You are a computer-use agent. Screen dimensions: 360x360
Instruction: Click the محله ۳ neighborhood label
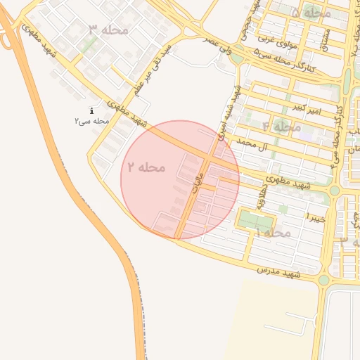coord(108,30)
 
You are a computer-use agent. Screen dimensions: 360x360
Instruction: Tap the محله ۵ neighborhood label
coord(310,13)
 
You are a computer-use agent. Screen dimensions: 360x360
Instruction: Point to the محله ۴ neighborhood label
coord(281,127)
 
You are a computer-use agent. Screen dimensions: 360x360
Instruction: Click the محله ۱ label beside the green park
coord(274,232)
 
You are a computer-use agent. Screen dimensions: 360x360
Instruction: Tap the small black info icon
coord(93,111)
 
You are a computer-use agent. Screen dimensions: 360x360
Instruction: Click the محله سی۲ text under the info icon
coord(92,121)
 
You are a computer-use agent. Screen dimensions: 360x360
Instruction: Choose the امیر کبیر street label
coord(307,109)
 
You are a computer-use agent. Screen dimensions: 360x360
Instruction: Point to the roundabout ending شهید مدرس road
coord(323,281)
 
